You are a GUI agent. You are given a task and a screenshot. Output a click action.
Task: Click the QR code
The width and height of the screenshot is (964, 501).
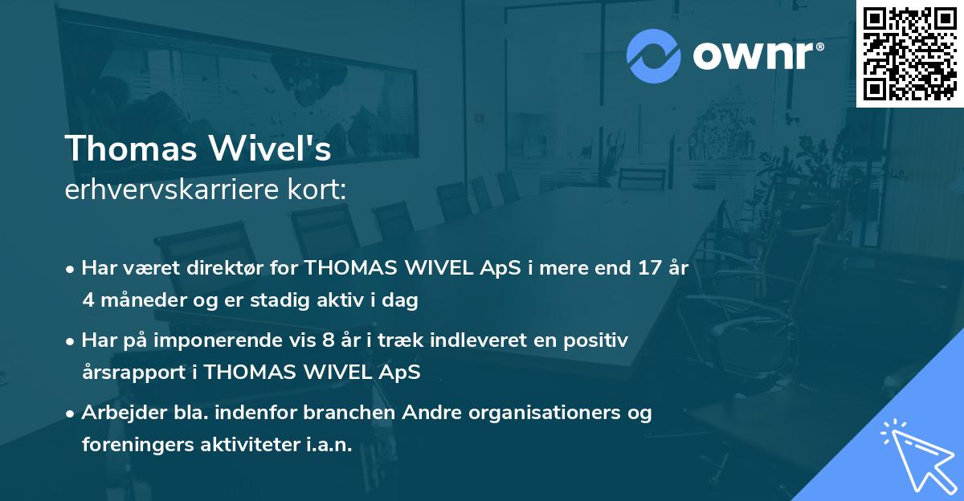point(909,53)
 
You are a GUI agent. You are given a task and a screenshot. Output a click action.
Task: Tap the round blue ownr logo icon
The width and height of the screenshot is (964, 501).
point(654,56)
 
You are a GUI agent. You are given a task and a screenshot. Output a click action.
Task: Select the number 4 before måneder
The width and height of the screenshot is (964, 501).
point(88,301)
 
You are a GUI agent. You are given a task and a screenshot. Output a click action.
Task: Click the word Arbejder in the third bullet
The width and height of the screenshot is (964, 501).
point(118,413)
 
